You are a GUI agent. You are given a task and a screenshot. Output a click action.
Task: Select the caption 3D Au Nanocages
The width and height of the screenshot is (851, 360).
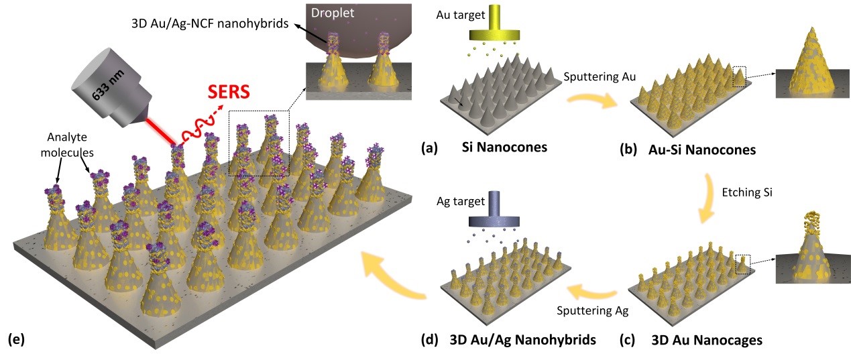point(707,340)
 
